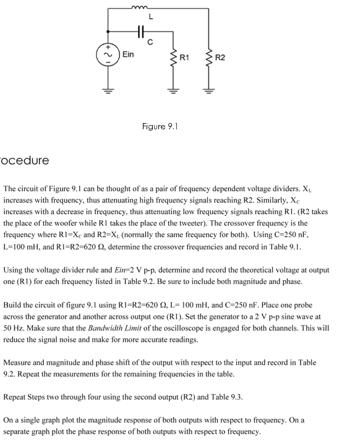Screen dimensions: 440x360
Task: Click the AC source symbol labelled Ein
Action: [x=109, y=54]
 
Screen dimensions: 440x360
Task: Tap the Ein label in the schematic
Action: [x=128, y=55]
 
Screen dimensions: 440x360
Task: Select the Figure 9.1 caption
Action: [x=160, y=126]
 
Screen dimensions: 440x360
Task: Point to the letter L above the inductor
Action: [x=152, y=15]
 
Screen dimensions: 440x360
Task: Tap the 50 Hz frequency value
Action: [x=14, y=329]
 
